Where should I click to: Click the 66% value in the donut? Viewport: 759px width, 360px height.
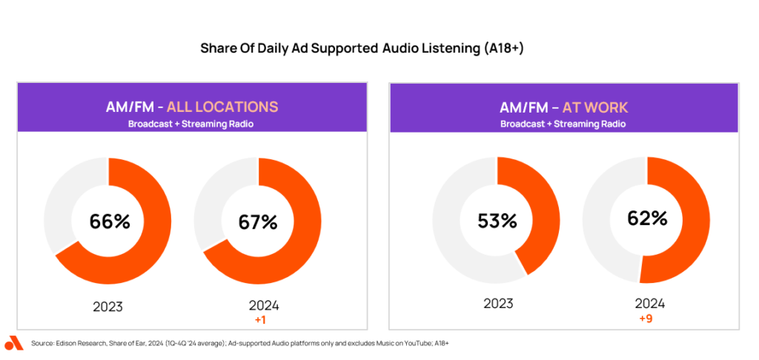click(x=110, y=221)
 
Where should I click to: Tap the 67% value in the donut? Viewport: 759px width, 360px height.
click(x=257, y=222)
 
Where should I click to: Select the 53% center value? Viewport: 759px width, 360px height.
click(x=497, y=221)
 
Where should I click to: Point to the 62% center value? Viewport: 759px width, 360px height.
click(x=647, y=219)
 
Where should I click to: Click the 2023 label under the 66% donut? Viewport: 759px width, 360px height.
click(x=108, y=307)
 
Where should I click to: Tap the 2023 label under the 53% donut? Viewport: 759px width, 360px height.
click(x=498, y=304)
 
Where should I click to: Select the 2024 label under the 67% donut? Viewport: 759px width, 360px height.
click(x=264, y=306)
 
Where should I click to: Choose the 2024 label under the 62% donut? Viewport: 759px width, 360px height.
click(x=649, y=304)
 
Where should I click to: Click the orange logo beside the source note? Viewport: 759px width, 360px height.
click(x=14, y=342)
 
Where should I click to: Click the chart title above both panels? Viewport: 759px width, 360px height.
click(x=362, y=49)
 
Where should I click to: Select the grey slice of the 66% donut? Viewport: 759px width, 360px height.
click(x=59, y=203)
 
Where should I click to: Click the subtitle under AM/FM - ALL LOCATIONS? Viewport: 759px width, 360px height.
click(x=191, y=124)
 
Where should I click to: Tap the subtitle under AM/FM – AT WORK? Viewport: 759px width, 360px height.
click(x=563, y=124)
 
